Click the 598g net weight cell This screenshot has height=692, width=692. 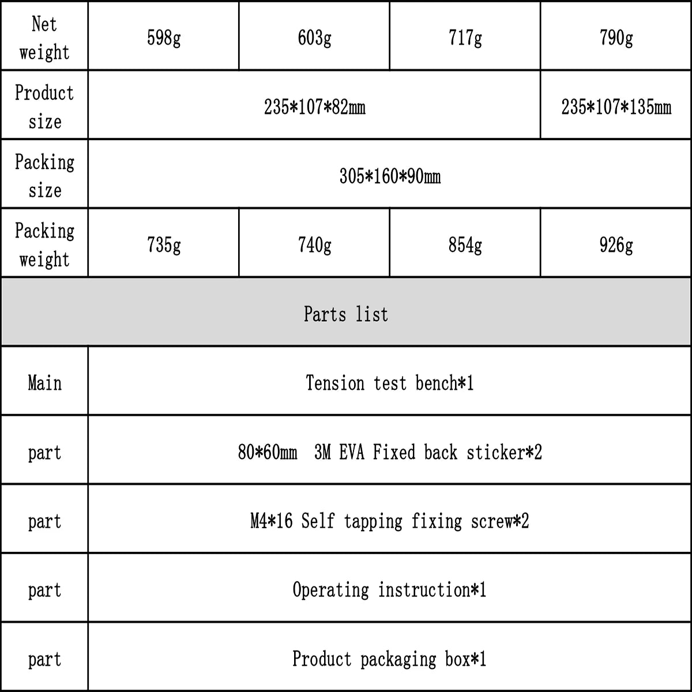pyautogui.click(x=164, y=38)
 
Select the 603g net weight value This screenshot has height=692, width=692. pyautogui.click(x=314, y=38)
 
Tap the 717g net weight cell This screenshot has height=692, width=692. pyautogui.click(x=465, y=38)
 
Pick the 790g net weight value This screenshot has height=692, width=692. pyautogui.click(x=616, y=38)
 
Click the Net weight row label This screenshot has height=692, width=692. pyautogui.click(x=44, y=38)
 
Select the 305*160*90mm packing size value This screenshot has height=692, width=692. pyautogui.click(x=390, y=176)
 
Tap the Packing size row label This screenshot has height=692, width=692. pyautogui.click(x=44, y=176)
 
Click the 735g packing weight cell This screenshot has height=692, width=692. pyautogui.click(x=164, y=245)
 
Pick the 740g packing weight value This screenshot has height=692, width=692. pyautogui.click(x=314, y=245)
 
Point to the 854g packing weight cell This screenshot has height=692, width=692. pyautogui.click(x=465, y=245)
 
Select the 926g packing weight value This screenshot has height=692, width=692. pyautogui.click(x=616, y=245)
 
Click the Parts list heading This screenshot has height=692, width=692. pyautogui.click(x=346, y=314)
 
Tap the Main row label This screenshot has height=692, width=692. pyautogui.click(x=44, y=383)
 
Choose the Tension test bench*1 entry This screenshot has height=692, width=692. pyautogui.click(x=390, y=383)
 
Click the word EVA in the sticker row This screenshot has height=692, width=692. pyautogui.click(x=352, y=452)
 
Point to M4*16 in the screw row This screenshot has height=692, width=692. pyautogui.click(x=272, y=521)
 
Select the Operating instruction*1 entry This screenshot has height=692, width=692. pyautogui.click(x=390, y=590)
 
